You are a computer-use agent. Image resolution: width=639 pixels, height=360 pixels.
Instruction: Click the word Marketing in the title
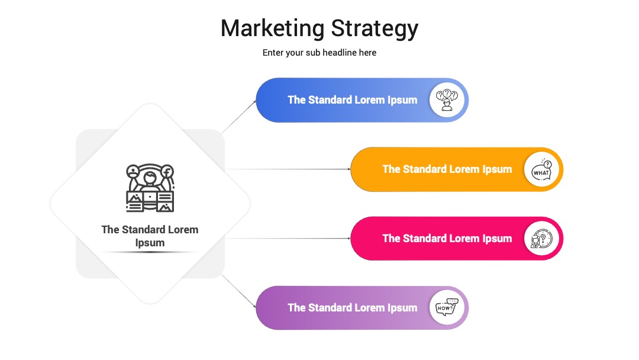(272, 29)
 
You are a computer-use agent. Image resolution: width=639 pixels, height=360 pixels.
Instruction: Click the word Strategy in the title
(375, 29)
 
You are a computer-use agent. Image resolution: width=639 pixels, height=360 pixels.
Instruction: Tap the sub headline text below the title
(319, 53)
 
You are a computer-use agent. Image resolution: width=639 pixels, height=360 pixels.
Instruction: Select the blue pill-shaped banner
(362, 100)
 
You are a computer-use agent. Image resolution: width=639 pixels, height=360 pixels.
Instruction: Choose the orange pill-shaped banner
(456, 169)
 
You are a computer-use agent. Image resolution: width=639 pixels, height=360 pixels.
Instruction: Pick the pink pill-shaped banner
(456, 239)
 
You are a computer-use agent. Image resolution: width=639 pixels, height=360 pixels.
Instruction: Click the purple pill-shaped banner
(362, 308)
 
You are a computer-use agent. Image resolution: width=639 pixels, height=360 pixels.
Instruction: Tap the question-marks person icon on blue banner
(447, 100)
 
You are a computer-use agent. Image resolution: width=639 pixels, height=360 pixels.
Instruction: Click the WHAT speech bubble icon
(541, 169)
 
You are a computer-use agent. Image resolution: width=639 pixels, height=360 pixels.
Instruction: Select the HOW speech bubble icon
(447, 307)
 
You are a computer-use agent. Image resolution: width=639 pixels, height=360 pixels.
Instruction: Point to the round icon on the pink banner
(541, 239)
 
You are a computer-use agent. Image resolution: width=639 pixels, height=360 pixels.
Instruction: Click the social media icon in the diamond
(150, 188)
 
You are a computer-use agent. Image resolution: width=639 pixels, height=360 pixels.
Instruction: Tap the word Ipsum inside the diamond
(150, 243)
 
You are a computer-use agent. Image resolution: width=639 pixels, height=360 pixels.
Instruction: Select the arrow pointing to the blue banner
(238, 117)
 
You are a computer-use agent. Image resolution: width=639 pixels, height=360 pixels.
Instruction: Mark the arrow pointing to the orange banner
(288, 169)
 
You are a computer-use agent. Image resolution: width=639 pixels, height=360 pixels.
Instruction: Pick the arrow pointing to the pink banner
(288, 239)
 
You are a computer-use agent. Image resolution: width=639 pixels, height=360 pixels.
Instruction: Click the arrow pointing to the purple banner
(238, 291)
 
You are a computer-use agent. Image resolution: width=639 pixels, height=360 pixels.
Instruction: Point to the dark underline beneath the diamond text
(150, 252)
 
